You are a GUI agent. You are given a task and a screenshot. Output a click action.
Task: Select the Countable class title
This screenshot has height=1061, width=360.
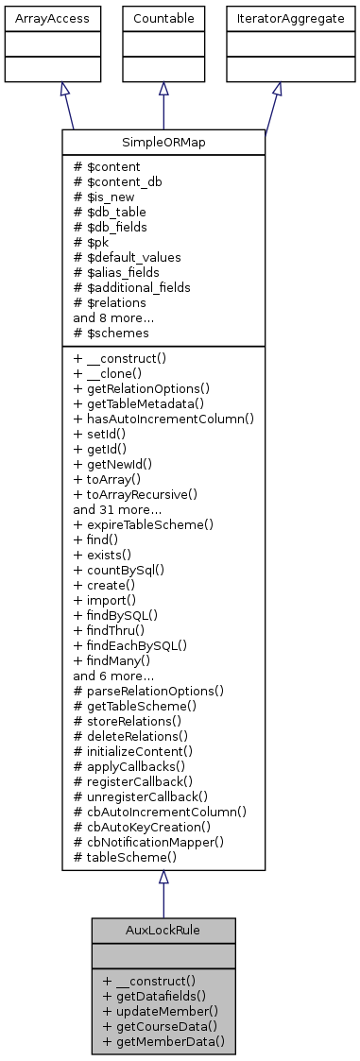point(163,18)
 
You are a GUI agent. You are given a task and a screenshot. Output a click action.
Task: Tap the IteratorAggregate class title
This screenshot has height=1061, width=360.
point(276,18)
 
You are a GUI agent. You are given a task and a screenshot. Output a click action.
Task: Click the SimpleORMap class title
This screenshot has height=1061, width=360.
point(163,142)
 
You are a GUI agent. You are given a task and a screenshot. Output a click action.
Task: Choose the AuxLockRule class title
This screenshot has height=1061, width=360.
point(163,929)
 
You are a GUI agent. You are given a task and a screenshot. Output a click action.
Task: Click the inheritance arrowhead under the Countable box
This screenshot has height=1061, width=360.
point(163,88)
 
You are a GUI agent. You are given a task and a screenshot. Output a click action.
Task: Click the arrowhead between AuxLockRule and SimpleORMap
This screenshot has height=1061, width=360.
point(163,878)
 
